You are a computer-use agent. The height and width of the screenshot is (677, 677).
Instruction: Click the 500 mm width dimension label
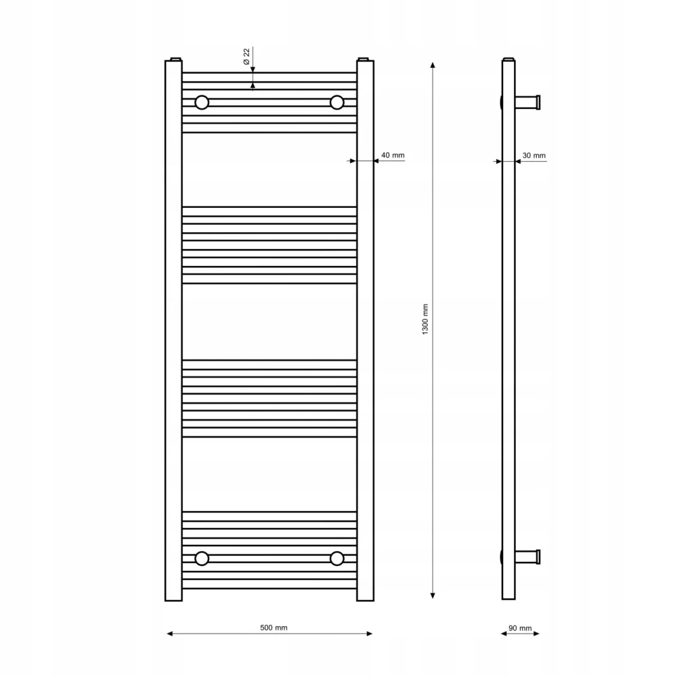tap(274, 628)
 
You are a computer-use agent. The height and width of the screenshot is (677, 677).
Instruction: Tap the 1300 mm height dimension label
tap(425, 319)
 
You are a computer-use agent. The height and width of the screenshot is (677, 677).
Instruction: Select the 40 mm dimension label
tap(393, 155)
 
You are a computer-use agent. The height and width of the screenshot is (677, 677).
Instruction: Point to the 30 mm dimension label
tap(534, 156)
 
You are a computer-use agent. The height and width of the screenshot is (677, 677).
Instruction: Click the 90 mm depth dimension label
tap(520, 628)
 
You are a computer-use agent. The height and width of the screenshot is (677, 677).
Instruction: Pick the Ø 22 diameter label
tap(246, 57)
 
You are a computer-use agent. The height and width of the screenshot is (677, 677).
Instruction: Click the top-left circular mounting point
tap(202, 102)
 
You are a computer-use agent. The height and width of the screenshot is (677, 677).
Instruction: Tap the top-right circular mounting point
tap(336, 102)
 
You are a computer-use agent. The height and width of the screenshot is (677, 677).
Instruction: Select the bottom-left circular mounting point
tap(202, 559)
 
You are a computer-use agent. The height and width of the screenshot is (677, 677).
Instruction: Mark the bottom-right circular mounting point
tap(336, 559)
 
